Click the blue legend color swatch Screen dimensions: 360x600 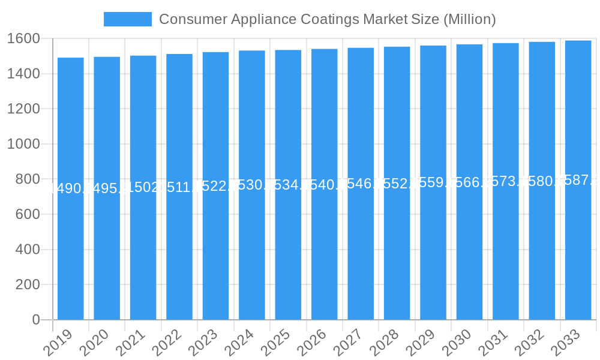128,19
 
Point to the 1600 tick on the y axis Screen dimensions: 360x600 23,39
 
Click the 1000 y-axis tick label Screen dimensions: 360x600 23,144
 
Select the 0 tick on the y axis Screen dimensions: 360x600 36,320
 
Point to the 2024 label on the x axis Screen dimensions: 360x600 238,343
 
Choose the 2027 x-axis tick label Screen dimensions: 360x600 347,343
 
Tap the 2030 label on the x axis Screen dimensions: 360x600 455,343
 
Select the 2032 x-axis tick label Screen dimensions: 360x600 528,343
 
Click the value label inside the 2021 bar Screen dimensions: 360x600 143,187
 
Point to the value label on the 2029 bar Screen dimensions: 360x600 433,182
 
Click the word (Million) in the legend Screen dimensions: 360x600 469,19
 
